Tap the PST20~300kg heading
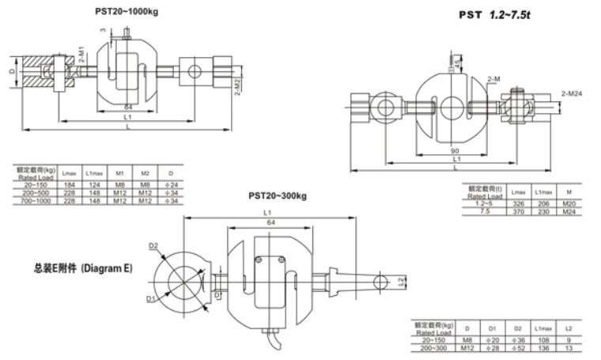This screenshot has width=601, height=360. click(x=276, y=195)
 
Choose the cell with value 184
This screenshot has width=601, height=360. click(x=69, y=184)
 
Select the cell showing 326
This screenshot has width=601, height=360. click(x=518, y=203)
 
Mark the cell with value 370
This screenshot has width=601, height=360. click(x=518, y=210)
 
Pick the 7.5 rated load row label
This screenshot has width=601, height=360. click(x=483, y=210)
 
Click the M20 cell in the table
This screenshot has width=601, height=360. click(x=568, y=203)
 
